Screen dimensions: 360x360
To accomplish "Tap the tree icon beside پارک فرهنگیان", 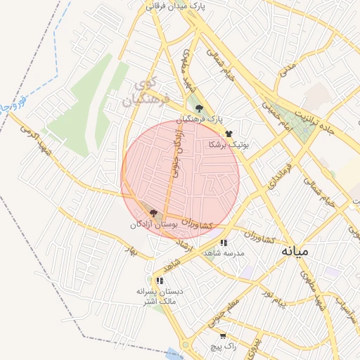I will (200, 108).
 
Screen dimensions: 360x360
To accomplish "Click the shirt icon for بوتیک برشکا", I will (229, 133).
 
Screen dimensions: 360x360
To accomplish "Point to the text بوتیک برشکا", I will (229, 144).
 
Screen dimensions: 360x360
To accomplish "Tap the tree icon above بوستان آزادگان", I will (153, 212).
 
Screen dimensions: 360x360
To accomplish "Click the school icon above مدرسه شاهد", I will (224, 243).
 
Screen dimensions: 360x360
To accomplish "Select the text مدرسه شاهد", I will (224, 252).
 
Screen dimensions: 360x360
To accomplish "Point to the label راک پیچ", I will (224, 347).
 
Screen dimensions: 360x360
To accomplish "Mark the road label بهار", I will (129, 250).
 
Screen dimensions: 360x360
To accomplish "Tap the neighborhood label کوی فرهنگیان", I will (146, 94).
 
